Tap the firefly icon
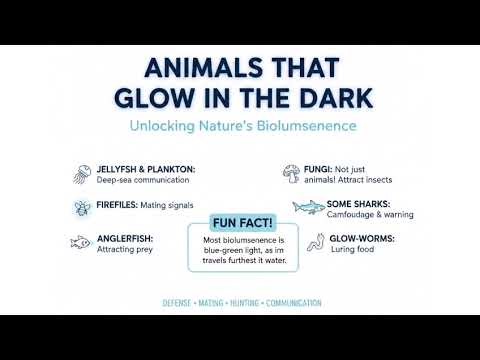tap(79, 208)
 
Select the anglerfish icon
tap(79, 241)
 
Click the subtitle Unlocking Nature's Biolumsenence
tap(242, 127)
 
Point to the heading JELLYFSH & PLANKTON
tap(147, 167)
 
